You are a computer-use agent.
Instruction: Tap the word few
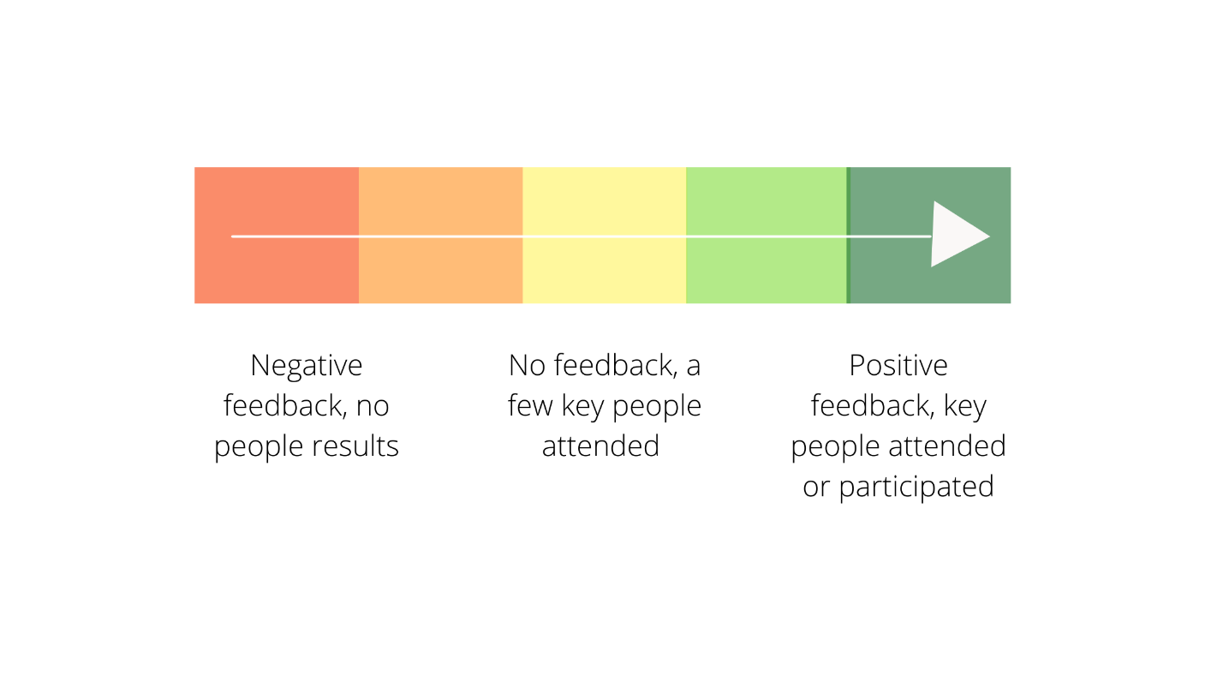tap(530, 406)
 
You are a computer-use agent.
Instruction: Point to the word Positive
tap(898, 365)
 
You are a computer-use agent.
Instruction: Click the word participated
tap(916, 488)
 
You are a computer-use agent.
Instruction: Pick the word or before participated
tap(816, 488)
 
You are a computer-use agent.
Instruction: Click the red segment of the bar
tap(277, 236)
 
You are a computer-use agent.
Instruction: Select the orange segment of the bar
tap(440, 236)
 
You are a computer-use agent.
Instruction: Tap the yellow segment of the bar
tap(605, 236)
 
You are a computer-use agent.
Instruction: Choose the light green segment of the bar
tap(766, 236)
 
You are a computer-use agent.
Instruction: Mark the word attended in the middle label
tap(600, 446)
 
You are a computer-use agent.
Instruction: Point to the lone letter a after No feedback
tap(694, 367)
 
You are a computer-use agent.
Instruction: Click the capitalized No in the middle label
tap(527, 365)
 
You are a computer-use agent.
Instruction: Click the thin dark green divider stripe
tap(849, 236)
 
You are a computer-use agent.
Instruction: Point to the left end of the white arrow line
tap(232, 236)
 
